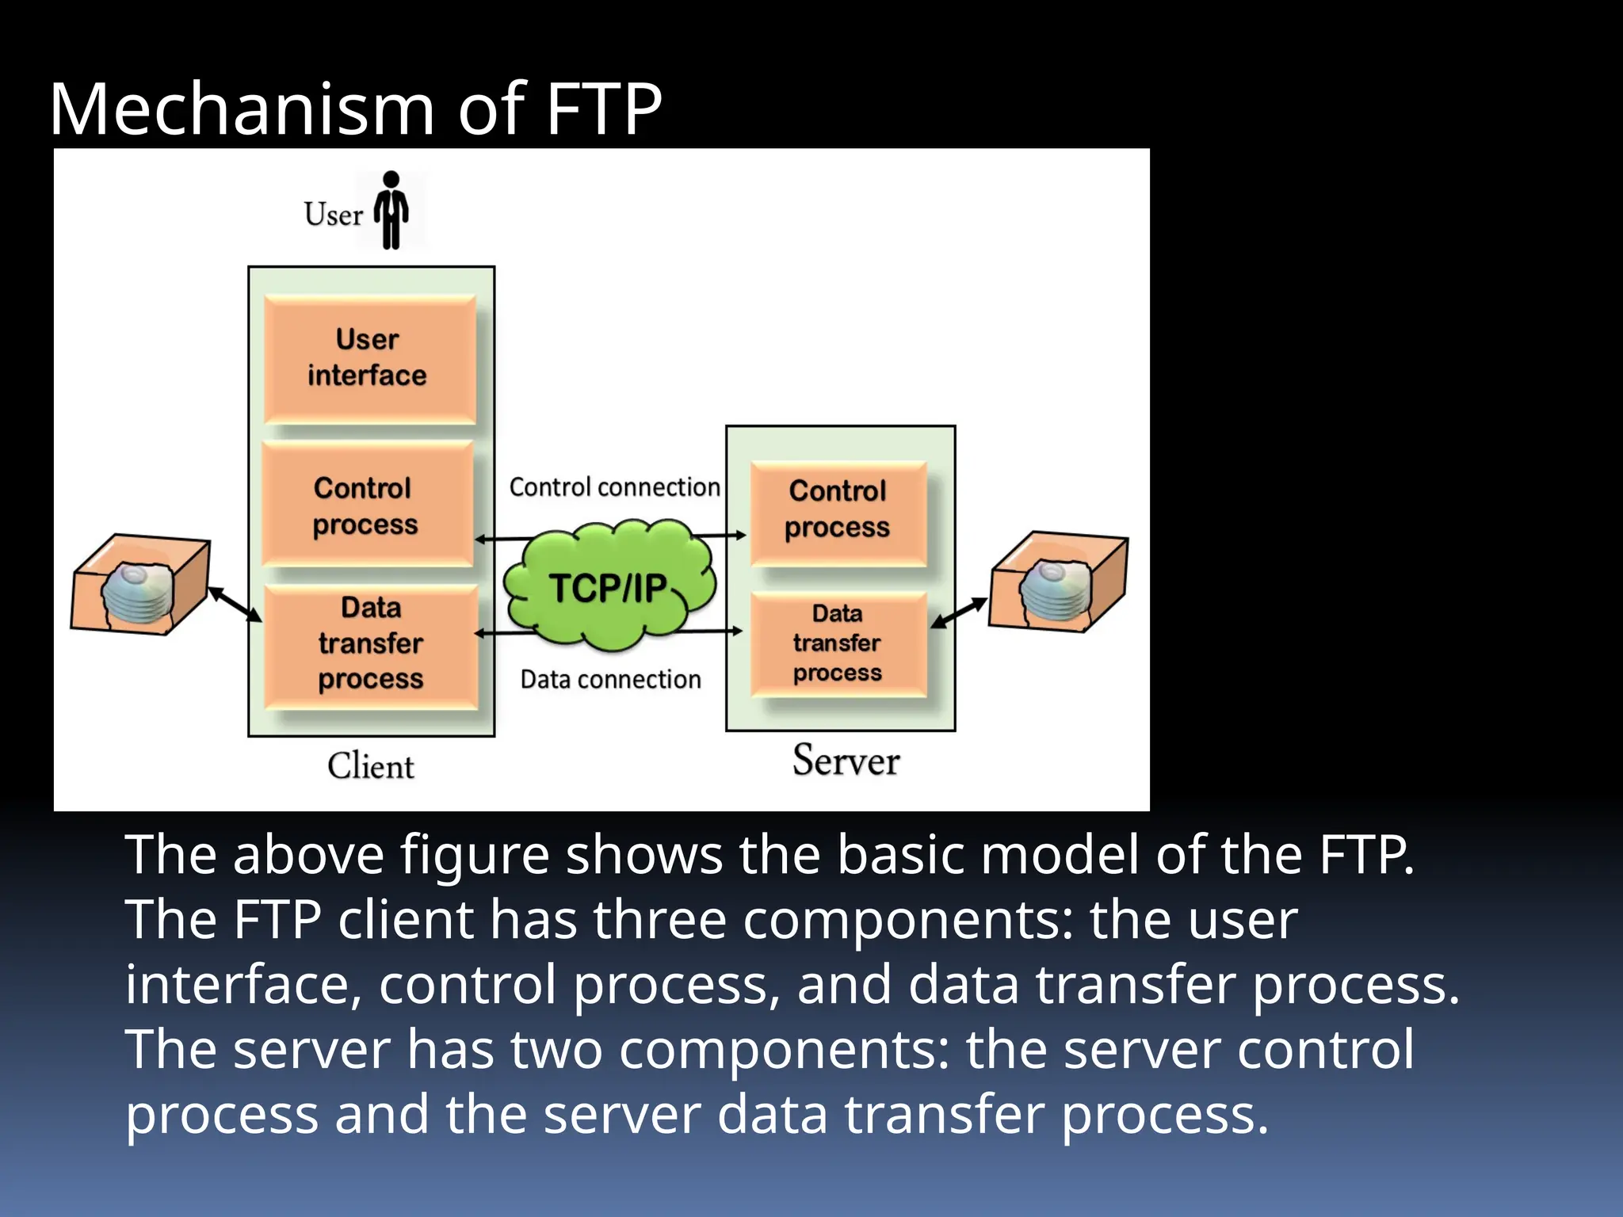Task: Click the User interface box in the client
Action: (x=369, y=358)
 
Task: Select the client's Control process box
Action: (x=366, y=505)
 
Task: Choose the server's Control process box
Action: (x=838, y=509)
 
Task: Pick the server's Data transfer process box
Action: (x=838, y=643)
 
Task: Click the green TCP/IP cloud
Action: (x=609, y=587)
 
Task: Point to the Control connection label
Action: (x=614, y=486)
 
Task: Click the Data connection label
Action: (x=610, y=679)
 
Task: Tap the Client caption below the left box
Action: (x=370, y=766)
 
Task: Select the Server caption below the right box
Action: (x=846, y=761)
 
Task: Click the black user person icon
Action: (x=391, y=210)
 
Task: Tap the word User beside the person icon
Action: (x=333, y=214)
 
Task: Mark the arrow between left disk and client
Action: (x=235, y=605)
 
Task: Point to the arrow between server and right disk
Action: (x=960, y=612)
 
